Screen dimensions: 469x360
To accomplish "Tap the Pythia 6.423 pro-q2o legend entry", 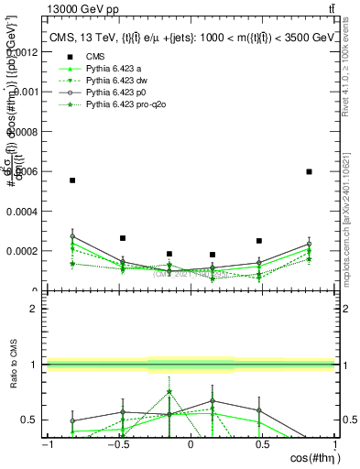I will [x=125, y=105].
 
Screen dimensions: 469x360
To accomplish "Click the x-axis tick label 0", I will [x=191, y=444].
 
